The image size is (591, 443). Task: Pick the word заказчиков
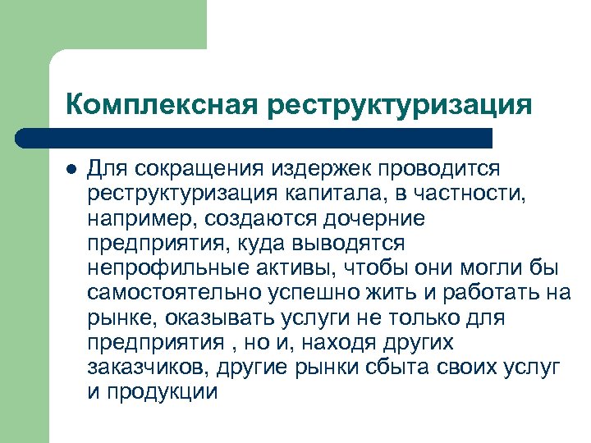[138, 367]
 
